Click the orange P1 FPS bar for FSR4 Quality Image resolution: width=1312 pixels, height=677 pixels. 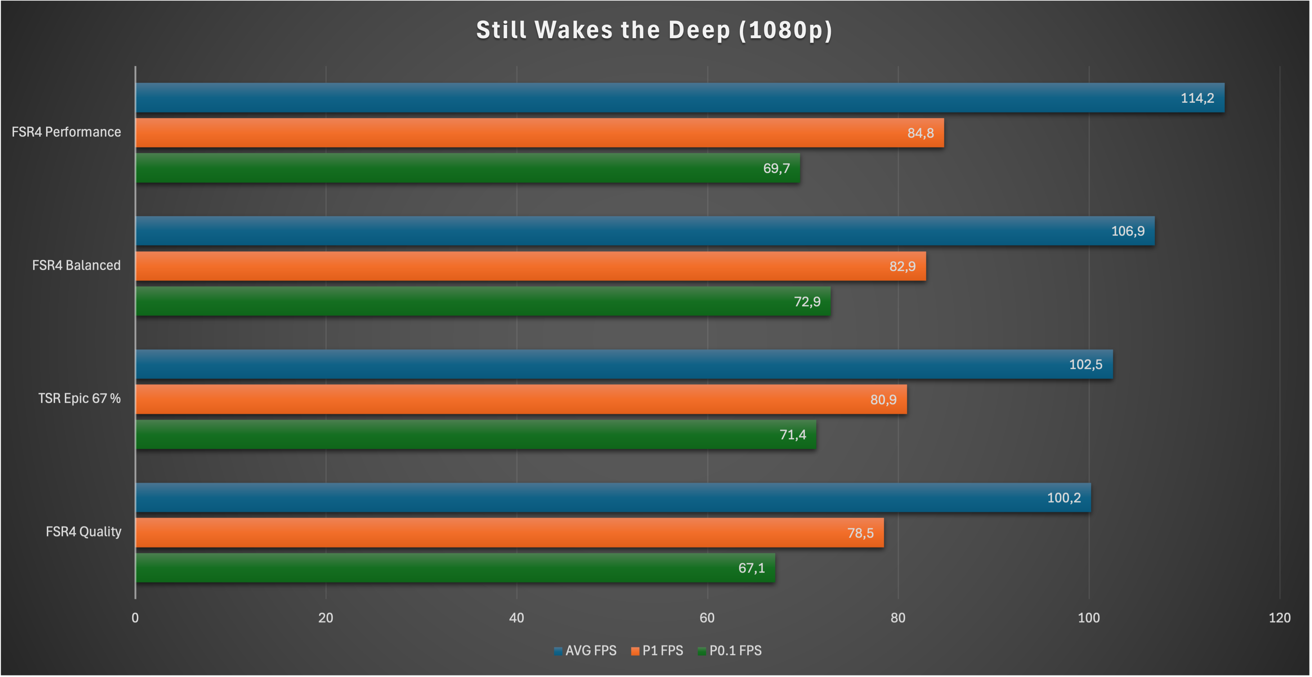[x=509, y=533]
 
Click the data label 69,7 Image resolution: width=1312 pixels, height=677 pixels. [x=776, y=168]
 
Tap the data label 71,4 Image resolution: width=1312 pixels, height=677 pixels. [x=793, y=435]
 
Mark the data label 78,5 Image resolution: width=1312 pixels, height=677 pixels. [x=860, y=533]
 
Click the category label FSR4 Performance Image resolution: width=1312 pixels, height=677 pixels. [x=66, y=132]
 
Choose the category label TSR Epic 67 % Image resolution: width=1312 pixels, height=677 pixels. [x=80, y=398]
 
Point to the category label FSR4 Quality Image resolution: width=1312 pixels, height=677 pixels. [x=84, y=531]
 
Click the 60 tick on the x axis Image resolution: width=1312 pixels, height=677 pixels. [x=707, y=618]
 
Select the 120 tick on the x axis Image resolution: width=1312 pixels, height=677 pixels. [x=1279, y=618]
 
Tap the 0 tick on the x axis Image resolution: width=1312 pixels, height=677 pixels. [x=135, y=618]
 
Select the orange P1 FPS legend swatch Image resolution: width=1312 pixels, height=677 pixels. [x=635, y=651]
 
